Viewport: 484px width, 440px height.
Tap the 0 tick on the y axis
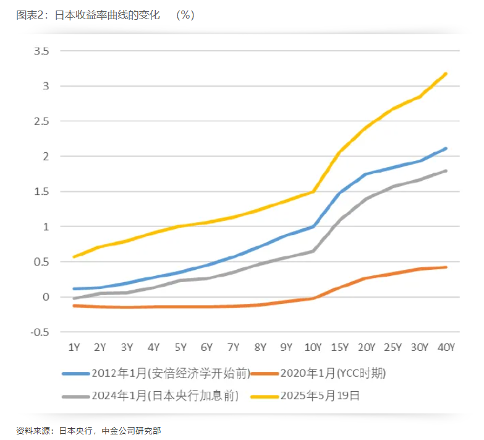[46, 297]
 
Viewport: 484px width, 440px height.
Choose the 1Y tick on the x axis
[74, 347]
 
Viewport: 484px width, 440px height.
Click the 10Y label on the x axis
[313, 347]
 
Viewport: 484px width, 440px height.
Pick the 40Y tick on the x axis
[446, 347]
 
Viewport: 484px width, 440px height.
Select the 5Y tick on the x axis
[180, 347]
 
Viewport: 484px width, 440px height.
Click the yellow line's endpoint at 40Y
[446, 74]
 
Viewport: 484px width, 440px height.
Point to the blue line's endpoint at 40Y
[446, 149]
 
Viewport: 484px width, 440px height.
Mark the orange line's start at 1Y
[74, 306]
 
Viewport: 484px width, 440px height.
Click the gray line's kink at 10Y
[313, 251]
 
